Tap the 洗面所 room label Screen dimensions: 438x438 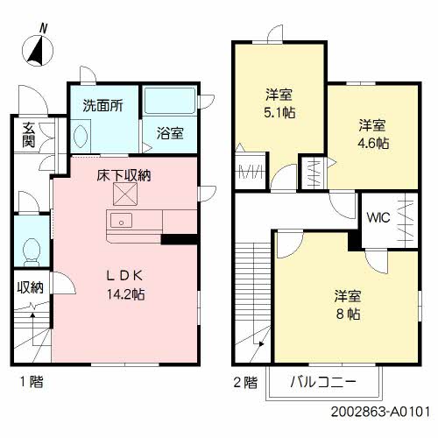[x=102, y=105]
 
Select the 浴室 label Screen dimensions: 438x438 [x=170, y=133]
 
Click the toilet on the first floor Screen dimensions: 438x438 [x=30, y=249]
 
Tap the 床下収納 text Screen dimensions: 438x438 [x=124, y=175]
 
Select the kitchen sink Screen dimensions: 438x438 [x=121, y=219]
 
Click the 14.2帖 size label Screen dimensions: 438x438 [x=124, y=294]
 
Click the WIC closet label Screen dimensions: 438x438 [x=378, y=216]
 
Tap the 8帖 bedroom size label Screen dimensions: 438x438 [x=347, y=313]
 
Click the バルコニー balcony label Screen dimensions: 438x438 [x=323, y=382]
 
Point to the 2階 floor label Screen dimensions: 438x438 [x=246, y=381]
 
